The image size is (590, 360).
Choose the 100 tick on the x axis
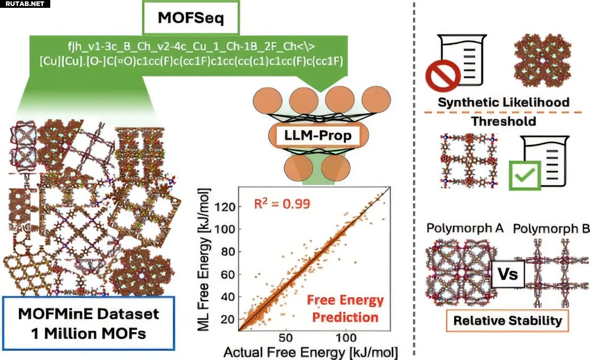(x=346, y=338)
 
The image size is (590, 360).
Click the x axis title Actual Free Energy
(x=310, y=353)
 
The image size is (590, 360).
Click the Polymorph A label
(x=465, y=229)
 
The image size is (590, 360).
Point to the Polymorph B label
(x=551, y=229)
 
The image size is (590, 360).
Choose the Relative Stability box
(x=507, y=321)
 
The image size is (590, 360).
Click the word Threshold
(x=503, y=121)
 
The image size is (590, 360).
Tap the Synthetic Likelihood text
(x=503, y=102)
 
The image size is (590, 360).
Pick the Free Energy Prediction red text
(x=345, y=309)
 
